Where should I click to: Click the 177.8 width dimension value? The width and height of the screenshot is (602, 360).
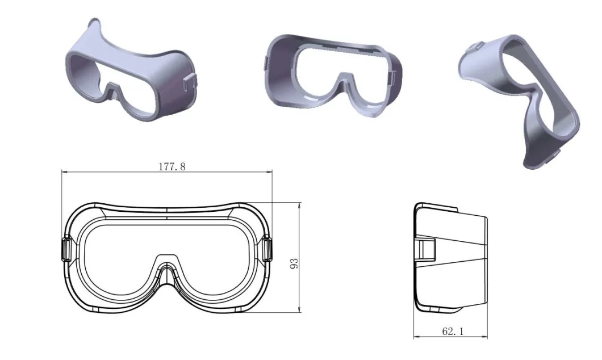172,166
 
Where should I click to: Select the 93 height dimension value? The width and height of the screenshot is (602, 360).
294,263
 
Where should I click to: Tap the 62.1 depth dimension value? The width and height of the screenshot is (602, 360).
453,331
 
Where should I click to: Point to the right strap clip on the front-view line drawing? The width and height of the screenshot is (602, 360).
267,250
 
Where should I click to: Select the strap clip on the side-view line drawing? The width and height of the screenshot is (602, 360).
425,249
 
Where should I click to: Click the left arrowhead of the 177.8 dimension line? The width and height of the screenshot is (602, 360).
65,172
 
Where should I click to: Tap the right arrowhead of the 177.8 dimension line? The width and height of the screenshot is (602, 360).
269,172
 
